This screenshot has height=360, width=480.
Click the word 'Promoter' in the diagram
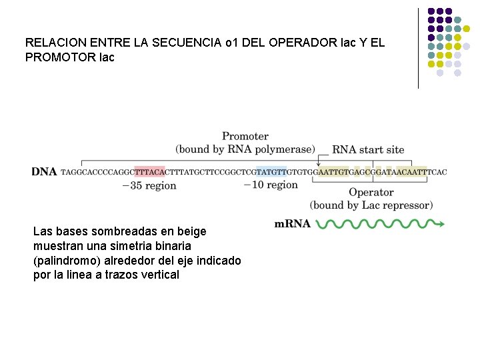click(245, 137)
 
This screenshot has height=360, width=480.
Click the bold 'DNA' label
click(44, 172)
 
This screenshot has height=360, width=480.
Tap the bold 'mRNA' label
click(293, 225)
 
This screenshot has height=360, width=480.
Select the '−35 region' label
click(149, 186)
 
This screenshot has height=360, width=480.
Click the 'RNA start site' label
click(368, 150)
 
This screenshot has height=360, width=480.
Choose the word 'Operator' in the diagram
click(371, 193)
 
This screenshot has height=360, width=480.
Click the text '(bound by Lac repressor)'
click(371, 205)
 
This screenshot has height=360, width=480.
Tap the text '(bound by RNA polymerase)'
click(245, 149)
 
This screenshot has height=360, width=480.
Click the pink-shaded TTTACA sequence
click(149, 172)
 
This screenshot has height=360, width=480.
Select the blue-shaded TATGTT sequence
click(271, 172)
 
